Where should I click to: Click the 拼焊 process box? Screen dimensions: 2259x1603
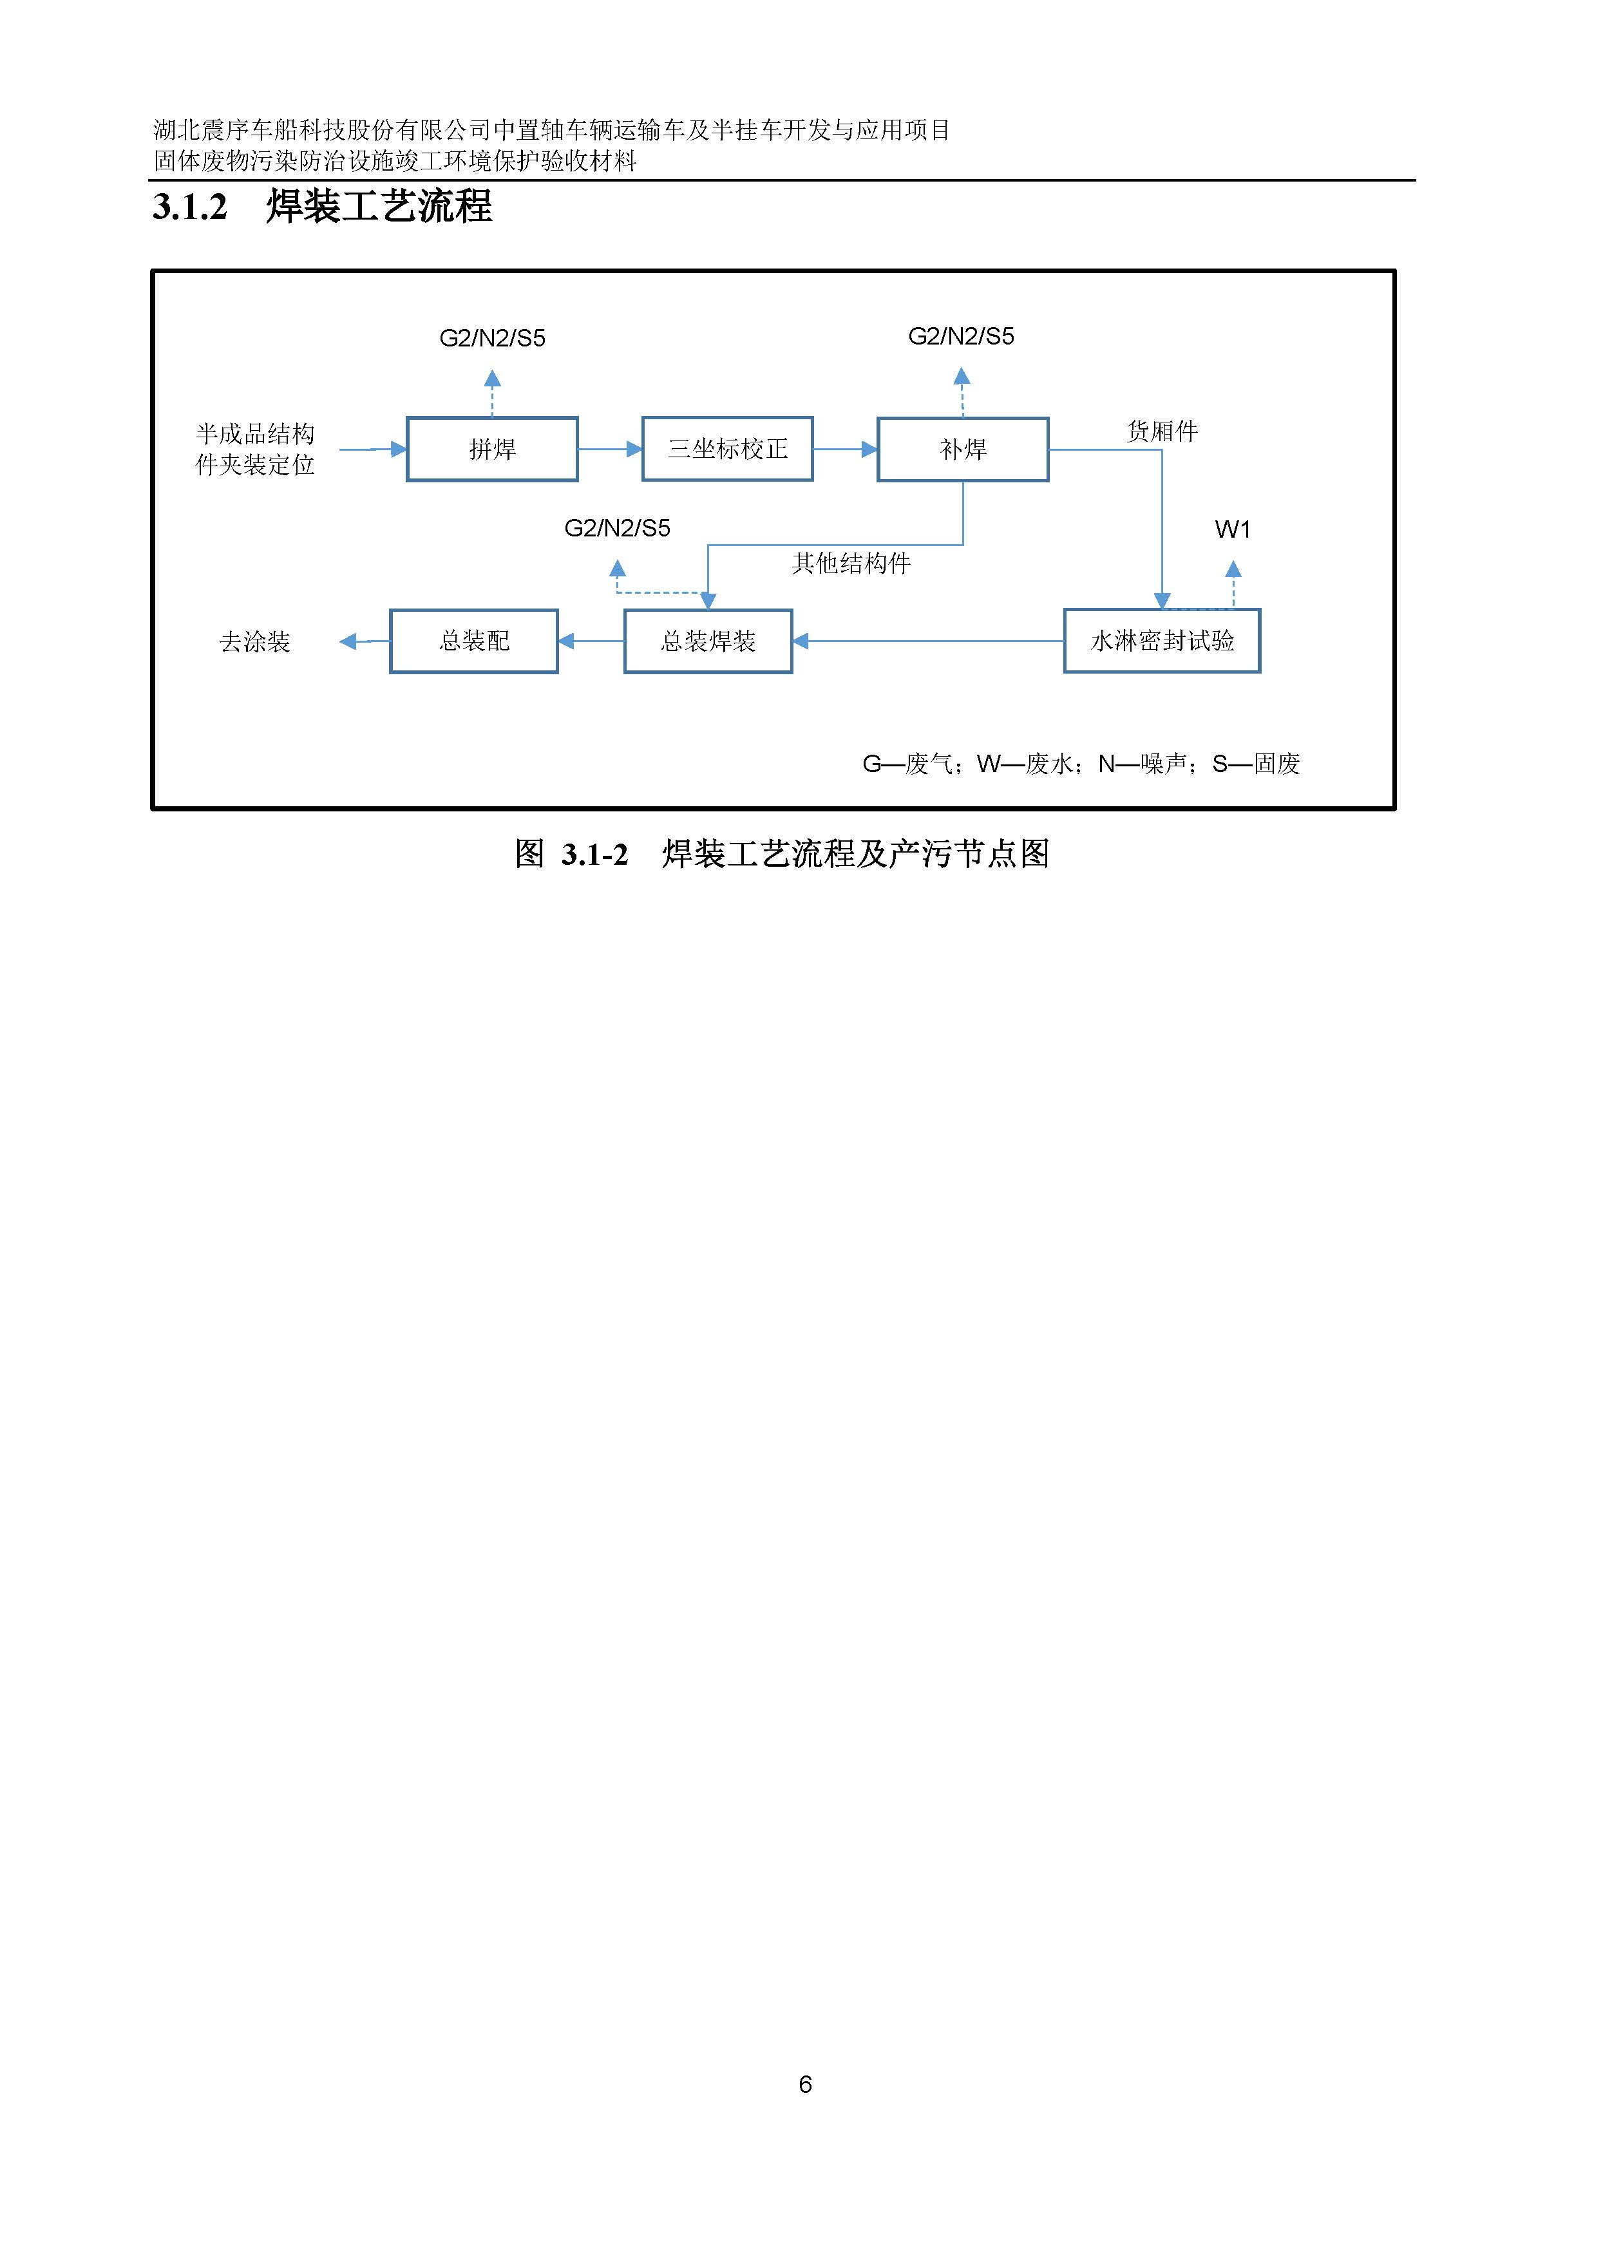(491, 449)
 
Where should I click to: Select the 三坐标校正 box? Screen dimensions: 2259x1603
(728, 449)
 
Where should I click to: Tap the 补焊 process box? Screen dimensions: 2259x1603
(962, 449)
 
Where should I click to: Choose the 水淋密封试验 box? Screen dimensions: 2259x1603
(1162, 641)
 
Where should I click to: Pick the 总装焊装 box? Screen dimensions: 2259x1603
(708, 641)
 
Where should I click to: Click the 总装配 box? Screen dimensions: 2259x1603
(474, 641)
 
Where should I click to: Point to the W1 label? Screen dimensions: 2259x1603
(1233, 530)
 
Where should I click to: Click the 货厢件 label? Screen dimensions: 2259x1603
(1162, 431)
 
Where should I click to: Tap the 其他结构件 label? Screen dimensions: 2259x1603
(851, 563)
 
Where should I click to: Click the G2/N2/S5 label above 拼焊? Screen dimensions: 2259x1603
(491, 339)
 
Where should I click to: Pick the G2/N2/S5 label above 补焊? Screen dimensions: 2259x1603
(960, 337)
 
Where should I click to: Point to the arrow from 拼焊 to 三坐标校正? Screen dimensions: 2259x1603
(610, 449)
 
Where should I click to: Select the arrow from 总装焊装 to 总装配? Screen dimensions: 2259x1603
(591, 641)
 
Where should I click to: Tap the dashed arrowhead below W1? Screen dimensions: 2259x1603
(1233, 569)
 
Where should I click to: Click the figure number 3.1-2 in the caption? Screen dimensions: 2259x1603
(594, 855)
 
